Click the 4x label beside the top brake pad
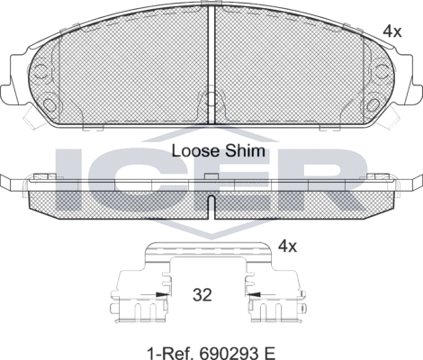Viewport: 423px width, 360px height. coord(391,31)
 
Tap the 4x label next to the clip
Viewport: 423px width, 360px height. coord(287,245)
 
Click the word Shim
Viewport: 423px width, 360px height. coord(247,151)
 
